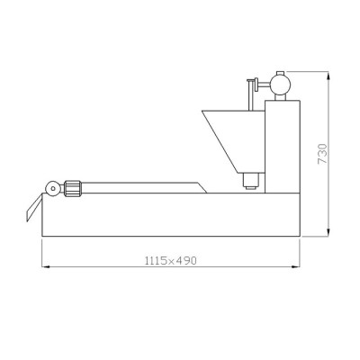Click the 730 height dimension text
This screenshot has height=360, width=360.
pyautogui.click(x=322, y=154)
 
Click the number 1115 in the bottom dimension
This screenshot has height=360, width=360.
pyautogui.click(x=156, y=260)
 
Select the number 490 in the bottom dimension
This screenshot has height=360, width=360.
pyautogui.click(x=186, y=260)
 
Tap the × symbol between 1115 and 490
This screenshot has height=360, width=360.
pyautogui.click(x=171, y=261)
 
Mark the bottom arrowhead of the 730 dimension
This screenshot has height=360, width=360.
pyautogui.click(x=328, y=232)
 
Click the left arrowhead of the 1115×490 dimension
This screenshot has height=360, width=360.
pyautogui.click(x=46, y=266)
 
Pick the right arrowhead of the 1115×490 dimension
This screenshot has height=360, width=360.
pyautogui.click(x=296, y=266)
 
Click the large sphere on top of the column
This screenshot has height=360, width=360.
pyautogui.click(x=281, y=85)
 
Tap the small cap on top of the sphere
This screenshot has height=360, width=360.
pyautogui.click(x=280, y=73)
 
